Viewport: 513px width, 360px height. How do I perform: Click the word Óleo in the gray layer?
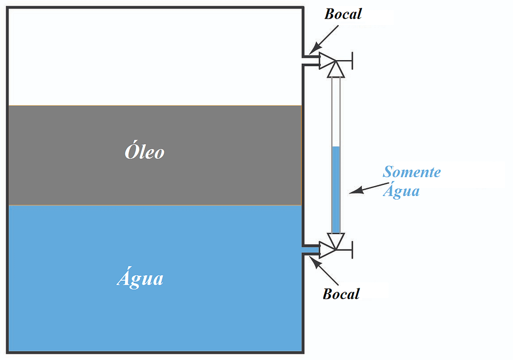[x=144, y=151]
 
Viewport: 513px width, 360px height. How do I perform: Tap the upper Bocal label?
[x=343, y=14]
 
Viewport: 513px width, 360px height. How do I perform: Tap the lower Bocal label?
[x=341, y=293]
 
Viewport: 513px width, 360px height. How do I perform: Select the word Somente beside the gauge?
[x=411, y=172]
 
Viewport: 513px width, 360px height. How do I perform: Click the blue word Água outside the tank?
[x=401, y=191]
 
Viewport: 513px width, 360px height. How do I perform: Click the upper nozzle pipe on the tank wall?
[x=311, y=60]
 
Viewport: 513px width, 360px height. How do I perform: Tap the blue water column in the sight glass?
[x=336, y=191]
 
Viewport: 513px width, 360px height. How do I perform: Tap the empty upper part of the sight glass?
[x=336, y=110]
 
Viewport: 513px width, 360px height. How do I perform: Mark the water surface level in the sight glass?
[x=336, y=147]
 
